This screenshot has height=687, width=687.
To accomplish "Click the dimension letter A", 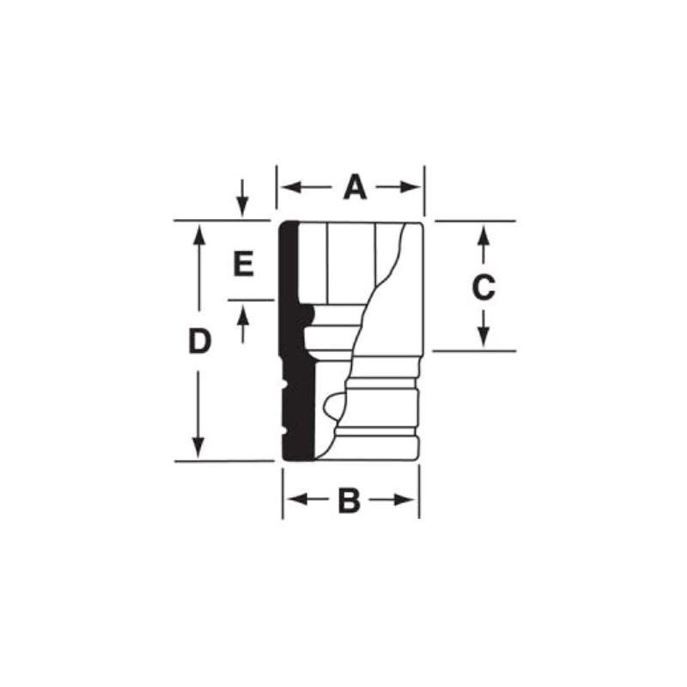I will (354, 187).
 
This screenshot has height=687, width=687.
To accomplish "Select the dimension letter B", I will (349, 501).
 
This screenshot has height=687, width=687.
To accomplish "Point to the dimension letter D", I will (199, 342).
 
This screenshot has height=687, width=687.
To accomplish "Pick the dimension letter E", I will (244, 264).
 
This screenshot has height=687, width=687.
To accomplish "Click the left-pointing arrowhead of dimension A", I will (285, 187).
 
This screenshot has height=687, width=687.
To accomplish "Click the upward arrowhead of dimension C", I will (483, 232).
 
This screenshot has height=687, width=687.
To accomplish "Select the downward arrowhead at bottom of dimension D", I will (199, 450).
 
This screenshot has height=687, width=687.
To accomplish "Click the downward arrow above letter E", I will (243, 206).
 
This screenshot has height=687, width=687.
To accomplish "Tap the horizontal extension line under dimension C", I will (472, 351).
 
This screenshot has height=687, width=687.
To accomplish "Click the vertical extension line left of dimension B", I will (283, 494).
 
